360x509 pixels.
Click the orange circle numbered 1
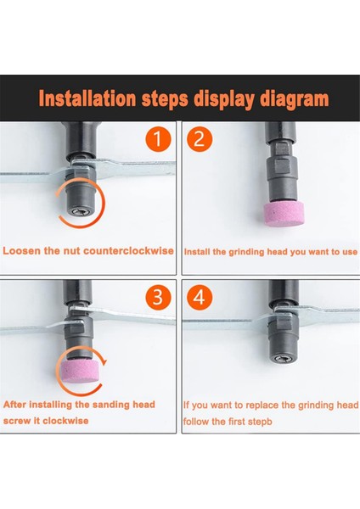click(x=158, y=139)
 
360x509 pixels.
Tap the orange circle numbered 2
click(x=200, y=139)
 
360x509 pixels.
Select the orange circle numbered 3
click(x=158, y=297)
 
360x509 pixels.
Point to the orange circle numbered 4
click(x=200, y=297)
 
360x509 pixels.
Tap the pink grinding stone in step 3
click(x=77, y=371)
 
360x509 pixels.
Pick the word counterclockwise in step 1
click(x=129, y=251)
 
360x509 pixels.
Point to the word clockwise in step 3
click(x=65, y=421)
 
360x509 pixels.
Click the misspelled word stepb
click(x=260, y=422)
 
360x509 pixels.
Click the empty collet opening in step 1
click(x=79, y=212)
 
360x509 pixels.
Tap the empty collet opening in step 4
click(x=282, y=359)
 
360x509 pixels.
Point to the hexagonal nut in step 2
click(x=281, y=169)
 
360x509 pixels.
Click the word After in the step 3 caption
click(x=15, y=405)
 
